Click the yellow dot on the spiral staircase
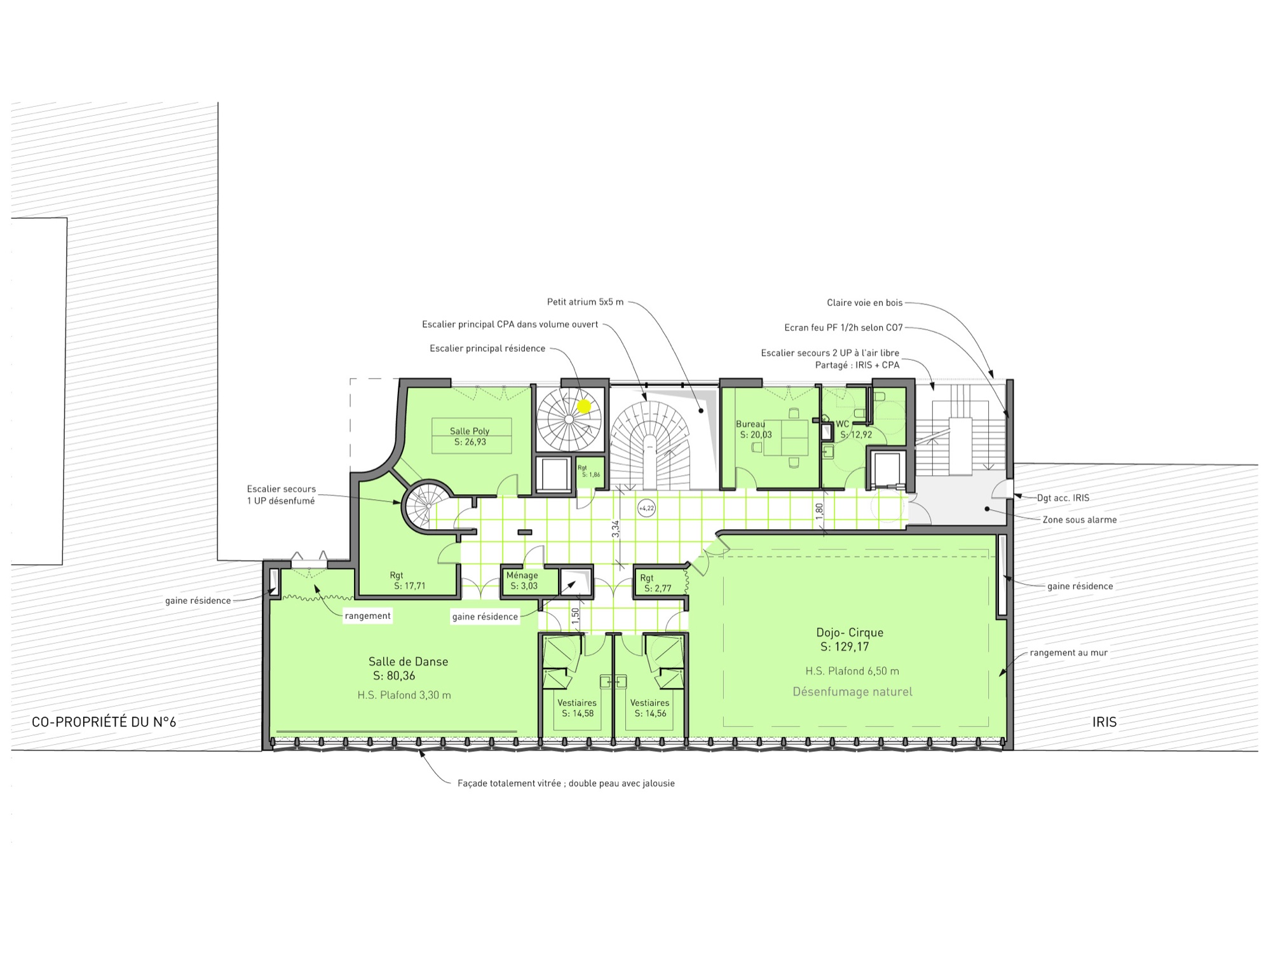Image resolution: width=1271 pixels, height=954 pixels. point(584,406)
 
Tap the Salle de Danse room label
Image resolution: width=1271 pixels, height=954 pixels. point(409,661)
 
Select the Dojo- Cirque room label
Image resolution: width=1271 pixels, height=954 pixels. point(850,632)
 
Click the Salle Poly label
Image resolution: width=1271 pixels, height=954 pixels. point(470,431)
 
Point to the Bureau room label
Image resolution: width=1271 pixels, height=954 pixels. point(751,424)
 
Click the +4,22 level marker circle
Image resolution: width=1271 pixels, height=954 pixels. point(646,508)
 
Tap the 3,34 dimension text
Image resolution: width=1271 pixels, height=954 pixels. point(615,529)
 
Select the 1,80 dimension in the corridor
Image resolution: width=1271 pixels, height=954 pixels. point(819,511)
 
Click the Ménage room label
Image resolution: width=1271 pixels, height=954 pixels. point(522,575)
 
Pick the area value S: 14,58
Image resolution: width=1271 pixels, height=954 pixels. point(578,714)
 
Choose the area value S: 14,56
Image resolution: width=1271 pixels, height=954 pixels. point(650,714)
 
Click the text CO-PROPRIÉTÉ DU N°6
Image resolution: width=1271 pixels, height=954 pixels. point(104,722)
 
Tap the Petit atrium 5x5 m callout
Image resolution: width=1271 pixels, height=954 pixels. point(585,302)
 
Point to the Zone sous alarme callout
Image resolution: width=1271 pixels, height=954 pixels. point(1080,520)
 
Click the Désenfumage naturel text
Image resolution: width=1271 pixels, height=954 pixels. point(852,692)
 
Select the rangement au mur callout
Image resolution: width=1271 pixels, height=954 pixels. point(1069,653)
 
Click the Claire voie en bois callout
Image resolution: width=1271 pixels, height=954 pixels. point(865,303)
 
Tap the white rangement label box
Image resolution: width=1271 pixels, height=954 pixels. point(368,616)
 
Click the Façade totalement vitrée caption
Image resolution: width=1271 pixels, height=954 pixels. point(566,784)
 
